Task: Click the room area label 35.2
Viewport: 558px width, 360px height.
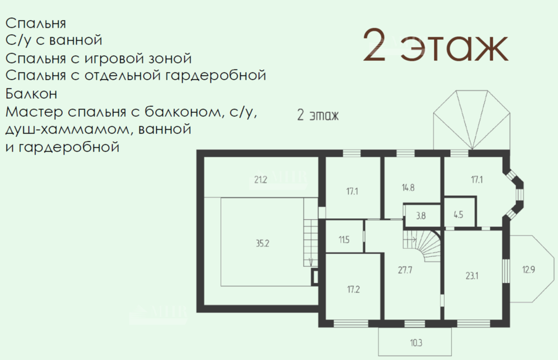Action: (x=262, y=243)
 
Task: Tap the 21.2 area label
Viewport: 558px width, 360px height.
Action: (x=261, y=180)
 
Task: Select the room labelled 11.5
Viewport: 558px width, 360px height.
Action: (x=344, y=239)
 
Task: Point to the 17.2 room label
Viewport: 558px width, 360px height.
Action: (x=353, y=289)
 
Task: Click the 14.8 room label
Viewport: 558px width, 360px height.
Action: (x=408, y=188)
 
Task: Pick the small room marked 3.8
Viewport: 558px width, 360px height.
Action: (x=421, y=216)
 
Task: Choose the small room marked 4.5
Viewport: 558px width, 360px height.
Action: (x=458, y=215)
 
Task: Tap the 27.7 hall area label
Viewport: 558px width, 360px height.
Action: (x=405, y=270)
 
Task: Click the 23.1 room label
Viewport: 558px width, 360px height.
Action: (x=472, y=276)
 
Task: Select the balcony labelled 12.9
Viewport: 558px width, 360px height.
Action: (x=528, y=270)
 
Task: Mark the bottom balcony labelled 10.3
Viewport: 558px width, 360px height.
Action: (x=416, y=343)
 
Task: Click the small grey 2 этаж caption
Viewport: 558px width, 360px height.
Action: (x=318, y=116)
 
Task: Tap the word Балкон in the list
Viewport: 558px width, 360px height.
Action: (x=31, y=94)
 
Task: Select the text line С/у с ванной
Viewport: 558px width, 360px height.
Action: (x=54, y=40)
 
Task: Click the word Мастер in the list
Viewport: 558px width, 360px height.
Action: (x=34, y=112)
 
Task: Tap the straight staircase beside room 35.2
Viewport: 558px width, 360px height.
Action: (x=310, y=243)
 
